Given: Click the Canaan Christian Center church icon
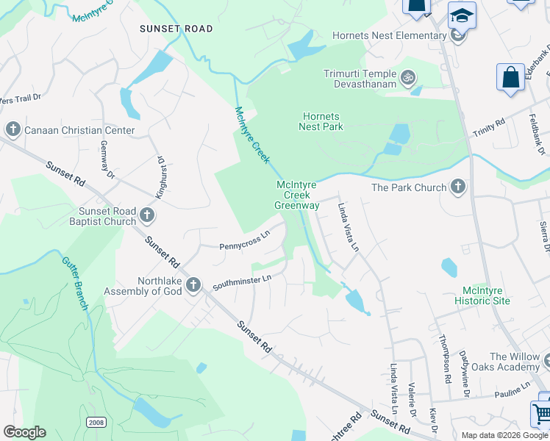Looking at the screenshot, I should (x=12, y=130).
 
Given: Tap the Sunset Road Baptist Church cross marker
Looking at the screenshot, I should (x=147, y=215).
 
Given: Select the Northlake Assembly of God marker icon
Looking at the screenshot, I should (x=193, y=284).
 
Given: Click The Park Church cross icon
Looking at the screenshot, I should (x=458, y=187).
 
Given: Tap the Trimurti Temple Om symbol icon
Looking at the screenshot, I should (x=407, y=76).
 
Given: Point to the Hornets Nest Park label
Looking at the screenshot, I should (x=321, y=121).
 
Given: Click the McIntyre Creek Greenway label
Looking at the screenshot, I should (x=297, y=196).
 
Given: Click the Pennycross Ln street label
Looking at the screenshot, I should (x=245, y=240).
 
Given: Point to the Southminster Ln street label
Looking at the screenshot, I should (x=243, y=281).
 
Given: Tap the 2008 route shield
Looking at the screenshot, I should (x=95, y=422).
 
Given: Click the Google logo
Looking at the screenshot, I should (x=24, y=431).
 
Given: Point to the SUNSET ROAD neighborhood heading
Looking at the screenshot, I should (x=176, y=29).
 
